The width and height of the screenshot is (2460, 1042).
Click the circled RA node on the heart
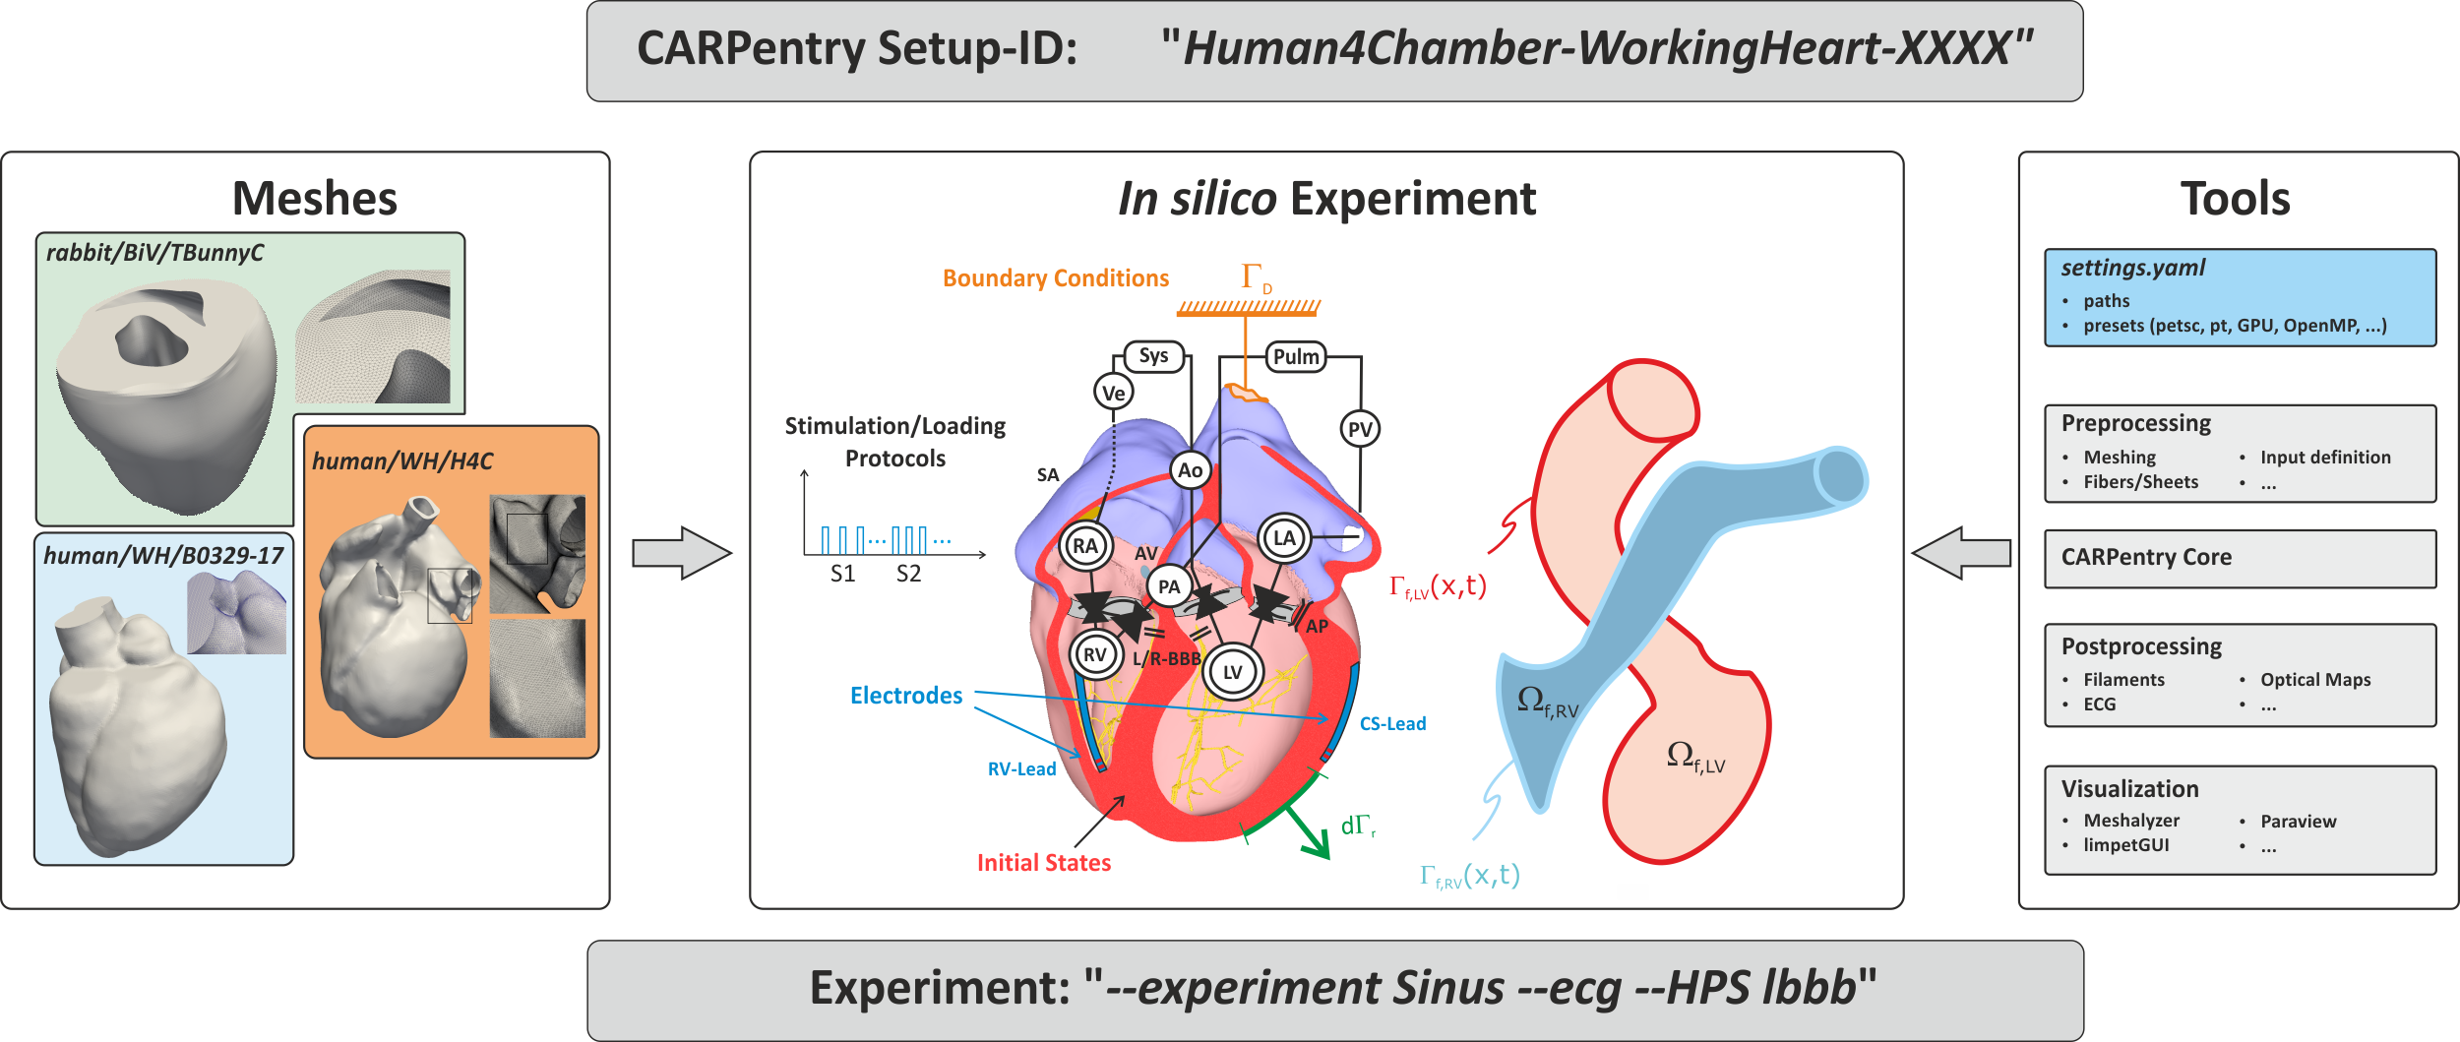coord(1084,546)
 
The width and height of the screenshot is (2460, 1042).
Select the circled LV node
coord(1232,672)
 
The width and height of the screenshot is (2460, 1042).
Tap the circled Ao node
coord(1190,470)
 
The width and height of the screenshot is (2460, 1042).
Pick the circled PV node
coord(1360,429)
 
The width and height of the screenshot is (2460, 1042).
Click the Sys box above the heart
coord(1153,356)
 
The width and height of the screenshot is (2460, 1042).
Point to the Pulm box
coord(1295,356)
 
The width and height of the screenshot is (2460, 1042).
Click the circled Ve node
coord(1113,393)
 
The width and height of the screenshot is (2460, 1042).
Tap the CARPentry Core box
coord(2240,558)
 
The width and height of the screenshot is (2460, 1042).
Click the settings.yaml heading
coord(2132,268)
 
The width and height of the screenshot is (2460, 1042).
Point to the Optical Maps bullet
coord(2314,680)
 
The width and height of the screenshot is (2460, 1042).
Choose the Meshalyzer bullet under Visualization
coord(2130,821)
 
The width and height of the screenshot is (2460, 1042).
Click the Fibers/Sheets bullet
coord(2140,482)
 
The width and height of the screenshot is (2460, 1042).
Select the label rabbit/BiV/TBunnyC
coord(154,253)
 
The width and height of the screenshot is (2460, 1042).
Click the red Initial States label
coord(1043,863)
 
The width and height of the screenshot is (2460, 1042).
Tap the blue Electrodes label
coord(905,696)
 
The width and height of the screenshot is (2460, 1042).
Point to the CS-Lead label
coord(1392,724)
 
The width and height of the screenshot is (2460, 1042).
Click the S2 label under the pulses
coord(908,574)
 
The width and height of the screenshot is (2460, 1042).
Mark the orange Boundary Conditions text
coord(1056,278)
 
